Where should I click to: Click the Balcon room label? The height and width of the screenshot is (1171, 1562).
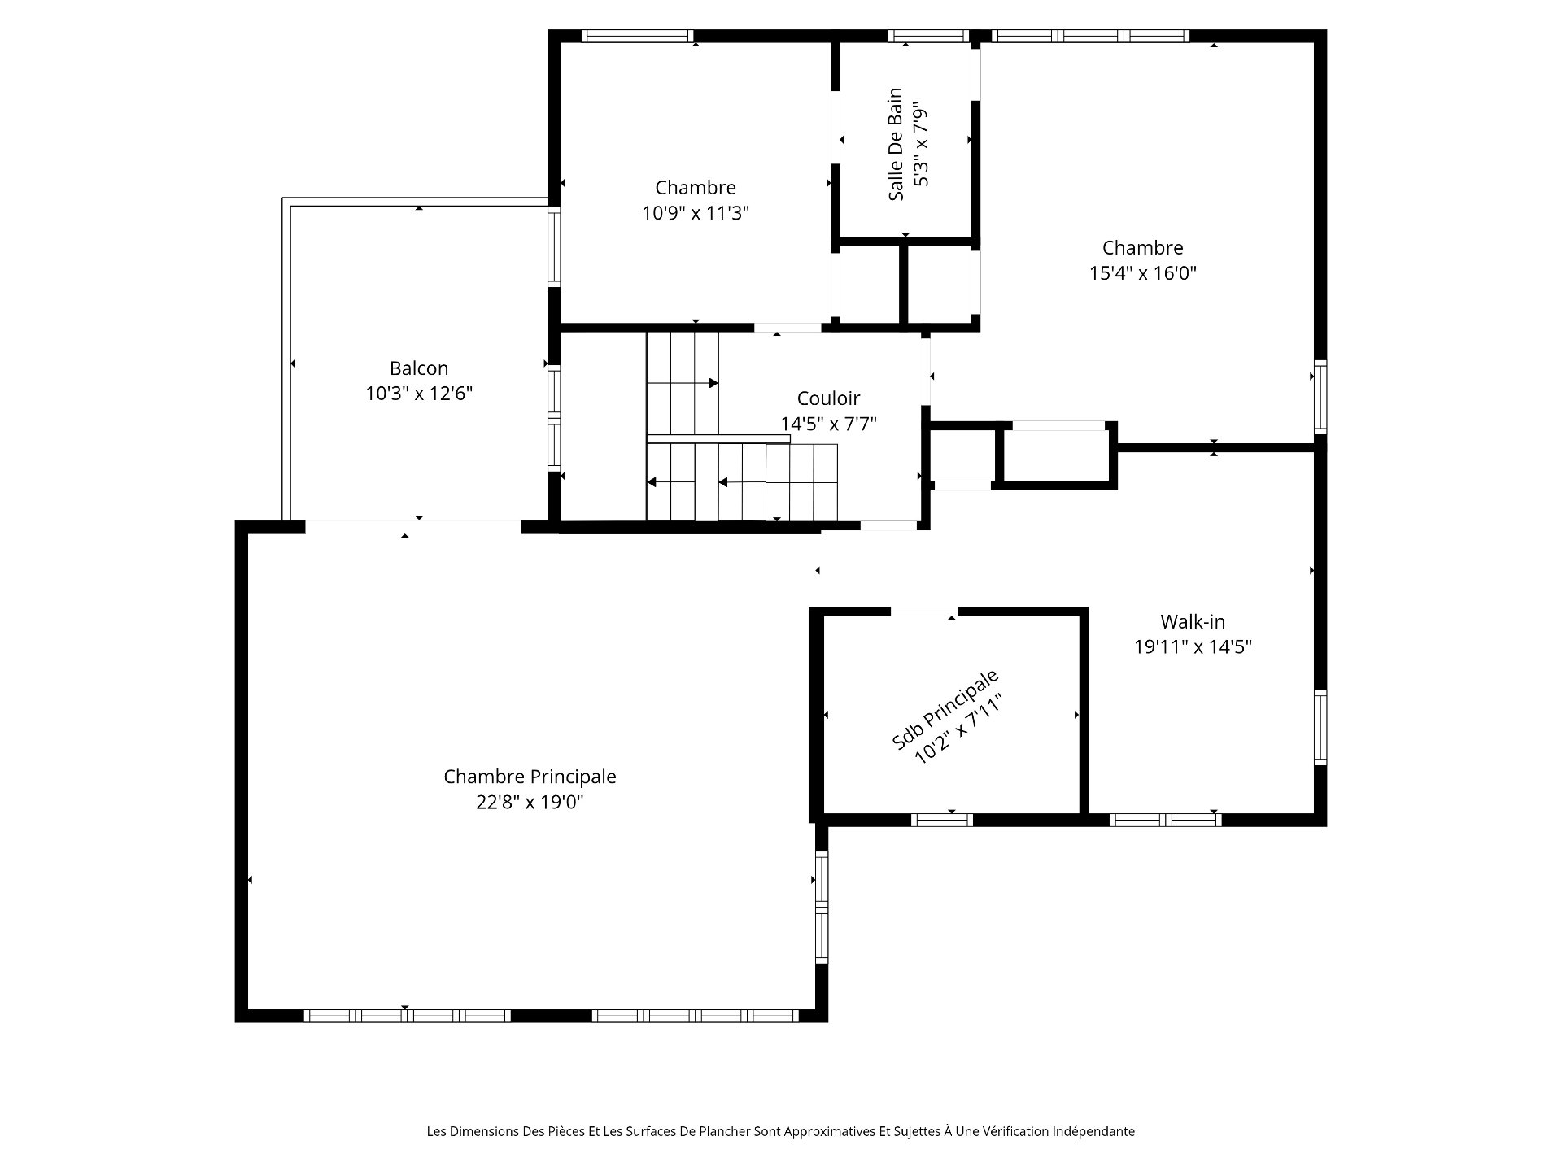coord(419,368)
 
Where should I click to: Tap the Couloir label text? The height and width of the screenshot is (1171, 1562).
coord(828,398)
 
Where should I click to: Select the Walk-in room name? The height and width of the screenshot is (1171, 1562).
coord(1193,622)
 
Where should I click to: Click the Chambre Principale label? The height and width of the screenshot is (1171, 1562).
coord(530,777)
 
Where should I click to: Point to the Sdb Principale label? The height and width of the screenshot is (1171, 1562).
coord(945,709)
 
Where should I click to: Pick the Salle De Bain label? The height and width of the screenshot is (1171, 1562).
coord(896,144)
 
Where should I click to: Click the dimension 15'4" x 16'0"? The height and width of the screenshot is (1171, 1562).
coord(1143,273)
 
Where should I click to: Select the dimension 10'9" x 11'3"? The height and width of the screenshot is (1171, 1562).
coord(696,213)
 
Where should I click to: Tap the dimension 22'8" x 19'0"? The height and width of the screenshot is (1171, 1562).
coord(530,803)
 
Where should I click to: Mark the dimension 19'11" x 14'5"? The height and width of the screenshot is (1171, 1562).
coord(1193,647)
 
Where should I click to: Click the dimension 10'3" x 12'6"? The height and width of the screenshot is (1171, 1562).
coord(419,394)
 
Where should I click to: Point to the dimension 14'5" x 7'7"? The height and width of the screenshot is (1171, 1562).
coord(828,424)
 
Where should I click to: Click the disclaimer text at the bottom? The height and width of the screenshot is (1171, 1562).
coord(781,1131)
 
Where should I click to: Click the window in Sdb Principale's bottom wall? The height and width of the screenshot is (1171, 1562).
coord(942,820)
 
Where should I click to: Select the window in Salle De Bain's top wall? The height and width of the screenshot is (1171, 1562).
coord(929,36)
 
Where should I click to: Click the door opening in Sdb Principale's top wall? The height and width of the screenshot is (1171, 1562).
coord(924,612)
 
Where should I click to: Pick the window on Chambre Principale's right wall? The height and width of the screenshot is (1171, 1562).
coord(822,908)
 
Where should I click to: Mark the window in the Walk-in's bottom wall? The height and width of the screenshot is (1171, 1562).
coord(1166,820)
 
